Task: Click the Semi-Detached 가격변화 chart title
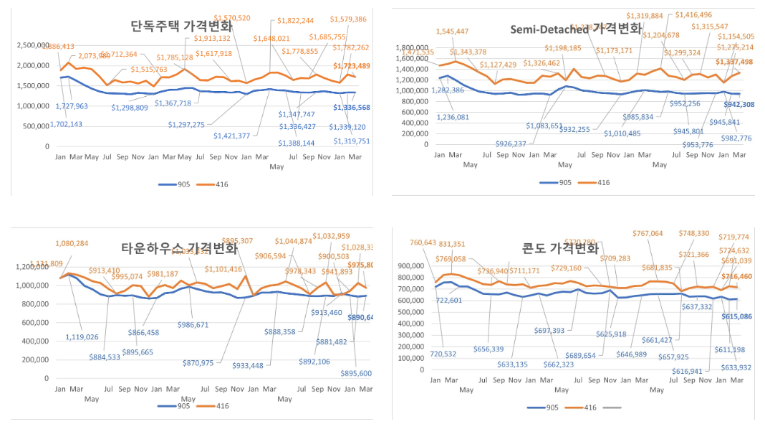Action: (576, 29)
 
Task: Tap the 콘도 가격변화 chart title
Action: (564, 249)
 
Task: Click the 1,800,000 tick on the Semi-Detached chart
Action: (414, 46)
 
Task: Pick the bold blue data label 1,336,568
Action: (352, 108)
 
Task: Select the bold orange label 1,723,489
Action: (352, 66)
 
